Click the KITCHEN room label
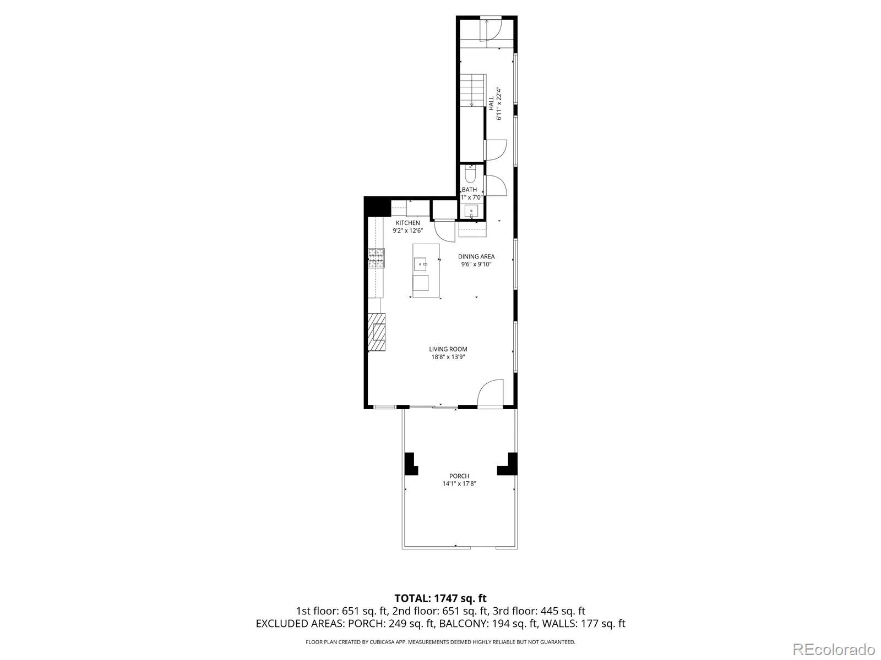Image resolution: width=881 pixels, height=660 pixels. [407, 223]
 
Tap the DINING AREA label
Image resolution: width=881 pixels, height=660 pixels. [476, 256]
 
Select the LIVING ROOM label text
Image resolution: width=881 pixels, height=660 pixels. [448, 349]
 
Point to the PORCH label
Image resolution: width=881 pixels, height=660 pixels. [459, 476]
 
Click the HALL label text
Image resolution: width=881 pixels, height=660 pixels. [491, 103]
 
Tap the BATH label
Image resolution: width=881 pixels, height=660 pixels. [469, 190]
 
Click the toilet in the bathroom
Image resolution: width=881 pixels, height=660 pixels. [470, 173]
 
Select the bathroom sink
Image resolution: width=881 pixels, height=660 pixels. [471, 211]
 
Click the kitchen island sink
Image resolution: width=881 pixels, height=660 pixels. [420, 264]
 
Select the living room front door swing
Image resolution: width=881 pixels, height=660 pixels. [490, 393]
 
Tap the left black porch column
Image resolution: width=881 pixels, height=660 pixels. [411, 464]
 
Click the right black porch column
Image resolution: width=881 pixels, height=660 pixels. [508, 464]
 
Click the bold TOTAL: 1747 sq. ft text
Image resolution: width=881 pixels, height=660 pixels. [440, 598]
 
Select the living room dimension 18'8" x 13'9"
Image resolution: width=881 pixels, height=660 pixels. [448, 357]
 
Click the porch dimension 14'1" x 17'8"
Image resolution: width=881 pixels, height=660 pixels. [459, 483]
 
